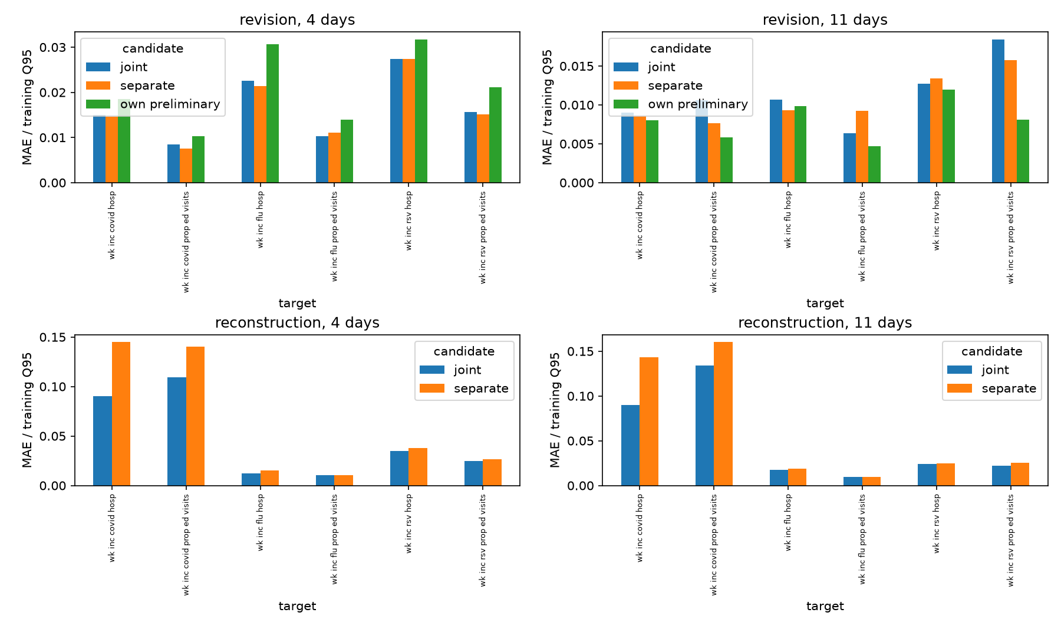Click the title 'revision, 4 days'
tap(297, 20)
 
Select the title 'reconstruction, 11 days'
tap(825, 323)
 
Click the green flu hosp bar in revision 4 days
tap(272, 113)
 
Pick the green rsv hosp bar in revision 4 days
tap(421, 111)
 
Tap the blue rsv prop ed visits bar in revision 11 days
tap(998, 111)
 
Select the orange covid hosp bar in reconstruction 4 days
tap(121, 414)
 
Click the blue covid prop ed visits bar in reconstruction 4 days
tap(177, 432)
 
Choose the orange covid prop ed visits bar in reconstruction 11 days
tap(723, 414)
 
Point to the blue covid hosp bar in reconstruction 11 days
tap(630, 445)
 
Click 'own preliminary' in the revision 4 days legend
tap(170, 104)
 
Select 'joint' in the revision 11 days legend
tap(661, 67)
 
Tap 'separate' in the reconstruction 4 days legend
tap(481, 388)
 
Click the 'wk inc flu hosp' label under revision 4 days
tap(261, 219)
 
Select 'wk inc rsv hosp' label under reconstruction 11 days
tap(937, 523)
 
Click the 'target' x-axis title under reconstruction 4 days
tap(297, 606)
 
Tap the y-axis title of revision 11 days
tap(548, 107)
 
